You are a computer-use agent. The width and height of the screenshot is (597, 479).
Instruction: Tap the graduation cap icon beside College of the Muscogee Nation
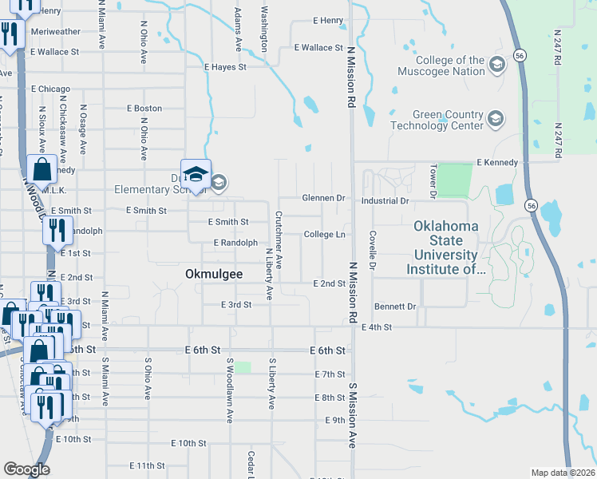click(496, 65)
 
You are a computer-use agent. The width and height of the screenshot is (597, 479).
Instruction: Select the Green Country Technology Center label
click(448, 120)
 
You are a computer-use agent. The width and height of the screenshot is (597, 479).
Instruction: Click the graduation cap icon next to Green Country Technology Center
click(495, 119)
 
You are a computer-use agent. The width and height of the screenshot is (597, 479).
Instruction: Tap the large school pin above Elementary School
click(196, 172)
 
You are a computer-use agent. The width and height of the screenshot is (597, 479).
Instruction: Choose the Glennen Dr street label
click(323, 198)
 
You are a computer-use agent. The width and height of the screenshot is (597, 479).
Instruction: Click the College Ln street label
click(324, 235)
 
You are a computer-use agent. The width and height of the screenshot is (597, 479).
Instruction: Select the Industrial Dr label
click(385, 201)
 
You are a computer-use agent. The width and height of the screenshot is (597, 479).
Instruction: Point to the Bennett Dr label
click(395, 307)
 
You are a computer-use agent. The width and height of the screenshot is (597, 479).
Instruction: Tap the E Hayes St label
click(225, 68)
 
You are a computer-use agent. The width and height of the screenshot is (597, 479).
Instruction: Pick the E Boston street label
click(143, 109)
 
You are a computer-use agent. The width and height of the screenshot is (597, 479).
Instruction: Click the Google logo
click(26, 469)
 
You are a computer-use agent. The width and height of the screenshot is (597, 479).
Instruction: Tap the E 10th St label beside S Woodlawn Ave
click(189, 443)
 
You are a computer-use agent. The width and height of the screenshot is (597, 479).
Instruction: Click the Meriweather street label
click(56, 32)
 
